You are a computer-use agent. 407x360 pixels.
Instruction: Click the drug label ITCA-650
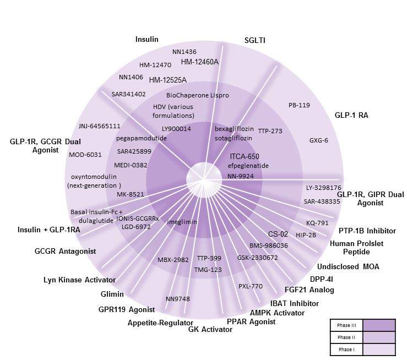[245, 156]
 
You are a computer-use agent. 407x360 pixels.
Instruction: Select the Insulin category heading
[147, 40]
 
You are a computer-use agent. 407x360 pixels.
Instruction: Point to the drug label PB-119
[299, 105]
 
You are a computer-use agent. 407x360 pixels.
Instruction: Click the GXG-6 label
[318, 140]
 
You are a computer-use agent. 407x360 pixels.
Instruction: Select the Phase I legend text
[346, 348]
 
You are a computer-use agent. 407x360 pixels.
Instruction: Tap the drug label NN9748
[177, 299]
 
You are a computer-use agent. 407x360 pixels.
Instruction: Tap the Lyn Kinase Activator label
[79, 280]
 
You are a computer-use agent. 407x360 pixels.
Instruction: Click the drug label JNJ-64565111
[99, 126]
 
